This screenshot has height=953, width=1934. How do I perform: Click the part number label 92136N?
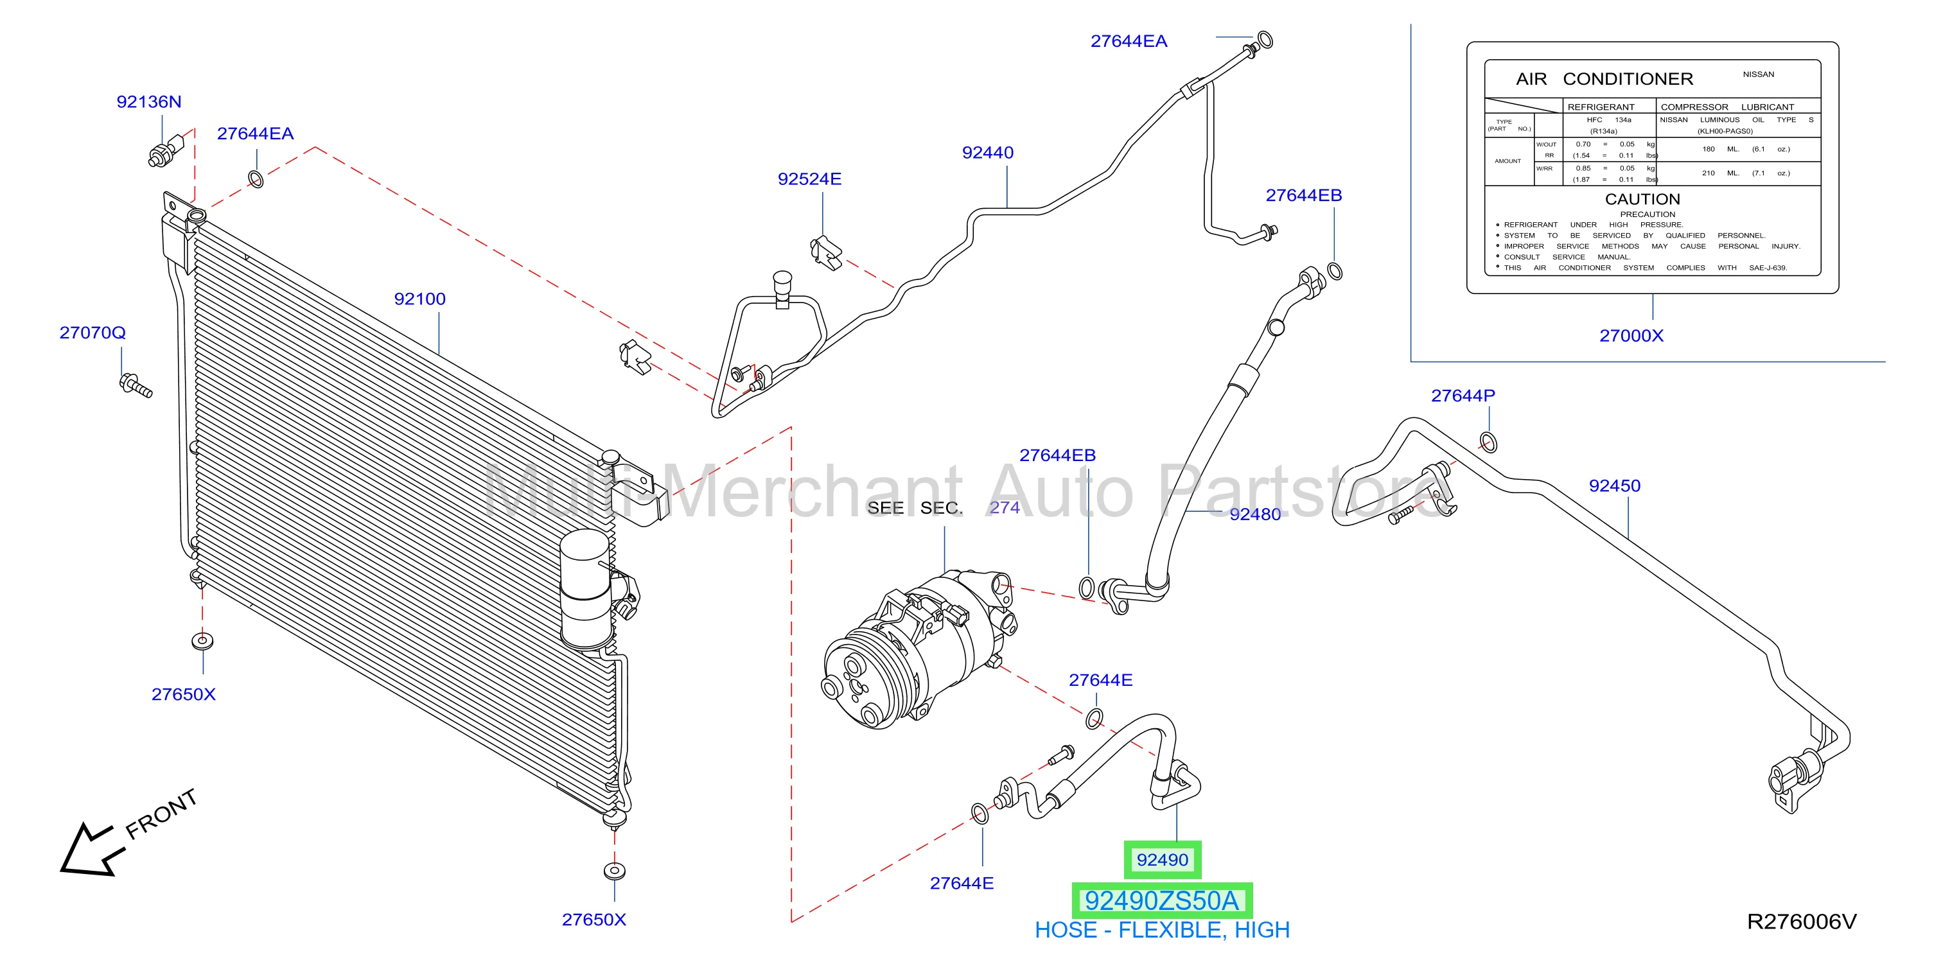(148, 101)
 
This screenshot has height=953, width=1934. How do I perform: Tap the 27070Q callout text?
(92, 333)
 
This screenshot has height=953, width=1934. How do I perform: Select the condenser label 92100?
(419, 299)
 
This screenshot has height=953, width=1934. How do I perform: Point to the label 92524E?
(809, 179)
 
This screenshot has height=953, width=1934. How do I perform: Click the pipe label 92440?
(987, 152)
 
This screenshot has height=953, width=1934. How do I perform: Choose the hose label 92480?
(1254, 514)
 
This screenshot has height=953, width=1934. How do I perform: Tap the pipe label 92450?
(1614, 485)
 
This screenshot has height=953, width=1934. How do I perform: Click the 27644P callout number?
(1463, 396)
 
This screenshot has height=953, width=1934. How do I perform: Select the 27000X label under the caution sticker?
(1631, 335)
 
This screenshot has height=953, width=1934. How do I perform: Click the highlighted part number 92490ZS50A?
(1161, 900)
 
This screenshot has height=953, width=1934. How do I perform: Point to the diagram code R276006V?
(1801, 922)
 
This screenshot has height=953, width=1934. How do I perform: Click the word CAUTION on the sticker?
(1642, 199)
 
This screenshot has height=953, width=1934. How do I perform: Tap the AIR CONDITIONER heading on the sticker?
(1604, 79)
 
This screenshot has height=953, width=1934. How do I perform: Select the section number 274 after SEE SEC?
(1005, 507)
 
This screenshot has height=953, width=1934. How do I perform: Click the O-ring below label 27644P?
(1488, 442)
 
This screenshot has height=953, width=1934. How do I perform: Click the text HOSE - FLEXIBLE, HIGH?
(1161, 930)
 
